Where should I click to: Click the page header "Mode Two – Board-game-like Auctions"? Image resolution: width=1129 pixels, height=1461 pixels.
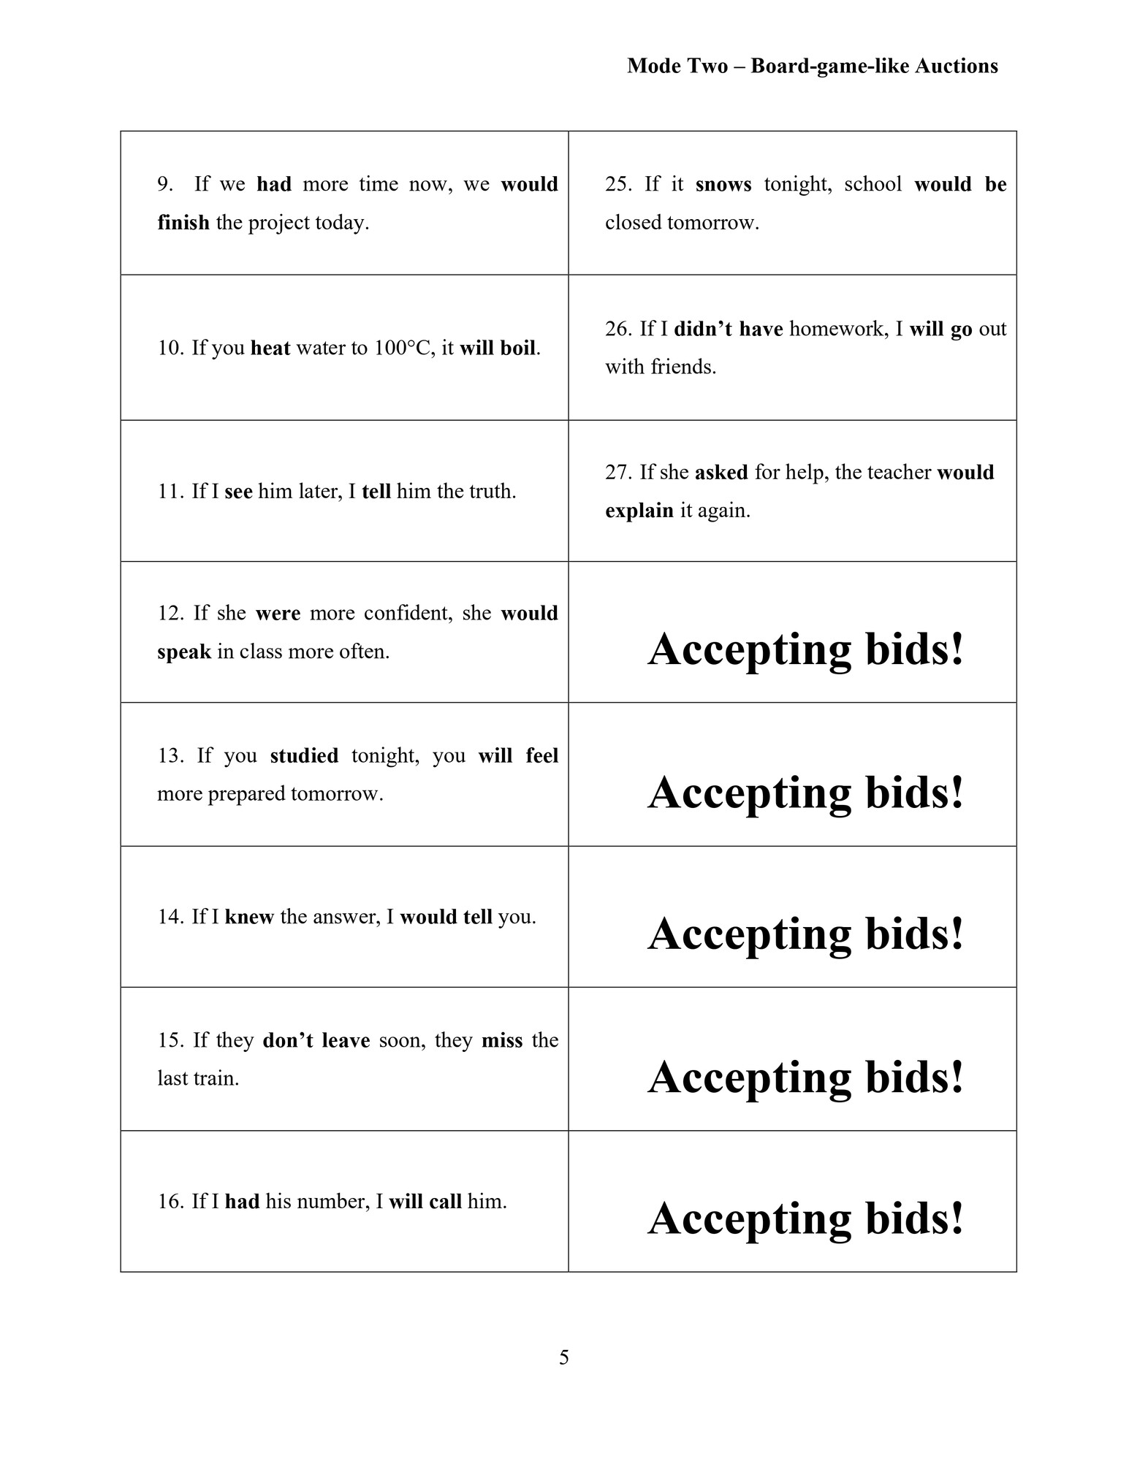(812, 66)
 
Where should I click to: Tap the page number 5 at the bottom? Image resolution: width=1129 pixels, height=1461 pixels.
(563, 1357)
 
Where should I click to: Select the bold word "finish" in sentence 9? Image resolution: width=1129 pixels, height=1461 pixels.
(183, 223)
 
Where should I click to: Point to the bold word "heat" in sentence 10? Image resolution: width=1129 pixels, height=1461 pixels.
(270, 348)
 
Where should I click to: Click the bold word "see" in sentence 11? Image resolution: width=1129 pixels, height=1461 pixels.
(238, 492)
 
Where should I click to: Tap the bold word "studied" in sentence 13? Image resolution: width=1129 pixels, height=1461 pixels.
(304, 755)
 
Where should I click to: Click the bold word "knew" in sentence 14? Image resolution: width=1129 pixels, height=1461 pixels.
(249, 917)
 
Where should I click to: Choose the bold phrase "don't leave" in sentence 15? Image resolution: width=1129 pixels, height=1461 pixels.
(316, 1040)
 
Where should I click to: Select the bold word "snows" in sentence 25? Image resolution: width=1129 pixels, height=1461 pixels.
(723, 184)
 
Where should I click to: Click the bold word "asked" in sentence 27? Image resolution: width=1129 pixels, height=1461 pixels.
(721, 473)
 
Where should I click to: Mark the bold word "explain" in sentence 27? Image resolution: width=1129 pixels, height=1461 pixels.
(639, 511)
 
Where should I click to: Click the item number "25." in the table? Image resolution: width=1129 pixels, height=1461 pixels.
(618, 184)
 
